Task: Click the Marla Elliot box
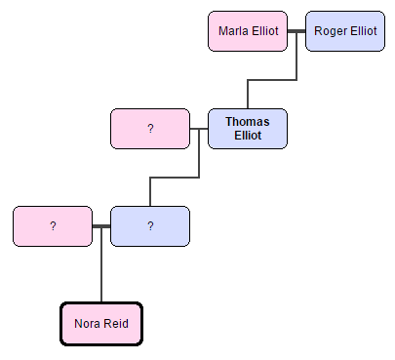248,31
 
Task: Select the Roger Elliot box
345,31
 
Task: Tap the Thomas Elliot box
248,129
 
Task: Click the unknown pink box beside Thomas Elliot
150,129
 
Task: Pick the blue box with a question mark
150,226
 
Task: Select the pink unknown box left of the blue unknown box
53,226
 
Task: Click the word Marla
233,31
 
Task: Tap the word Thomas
248,122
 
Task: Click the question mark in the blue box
150,226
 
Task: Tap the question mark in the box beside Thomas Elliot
150,129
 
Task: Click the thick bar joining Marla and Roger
296,31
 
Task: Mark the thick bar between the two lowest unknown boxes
101,226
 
